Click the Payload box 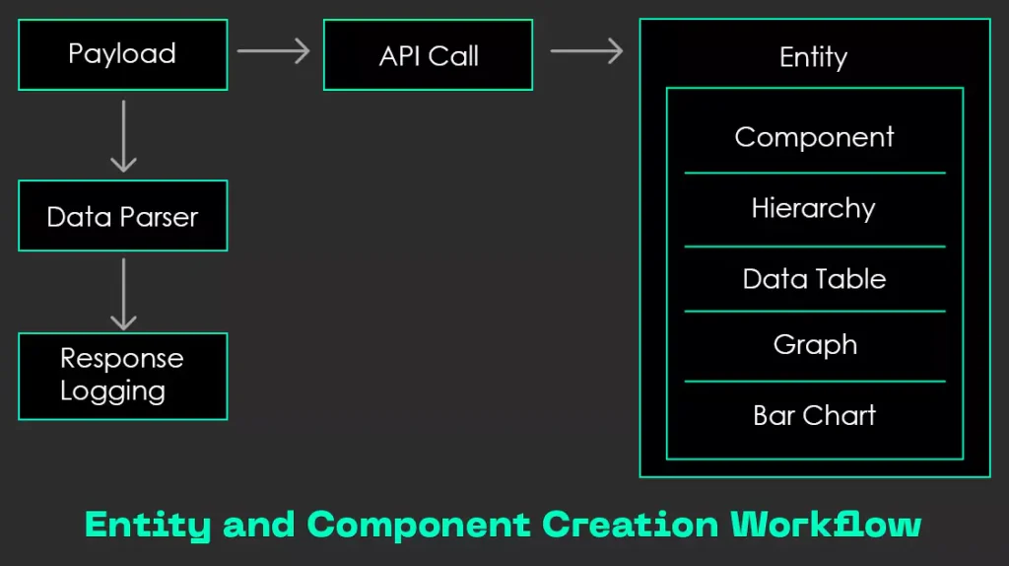[x=122, y=54]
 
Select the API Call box [x=428, y=55]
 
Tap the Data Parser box [x=122, y=216]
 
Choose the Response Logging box [x=122, y=376]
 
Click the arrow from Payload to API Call [x=274, y=51]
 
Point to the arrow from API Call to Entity [x=586, y=51]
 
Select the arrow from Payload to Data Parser [x=123, y=135]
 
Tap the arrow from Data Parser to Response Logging [x=123, y=293]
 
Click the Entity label [x=813, y=57]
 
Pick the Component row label [x=814, y=137]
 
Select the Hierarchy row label [x=813, y=208]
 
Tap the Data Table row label [x=814, y=279]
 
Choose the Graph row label [x=815, y=345]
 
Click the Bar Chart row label [x=814, y=415]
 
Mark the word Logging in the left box [x=112, y=391]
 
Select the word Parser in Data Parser [x=159, y=216]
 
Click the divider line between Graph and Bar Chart [x=814, y=381]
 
